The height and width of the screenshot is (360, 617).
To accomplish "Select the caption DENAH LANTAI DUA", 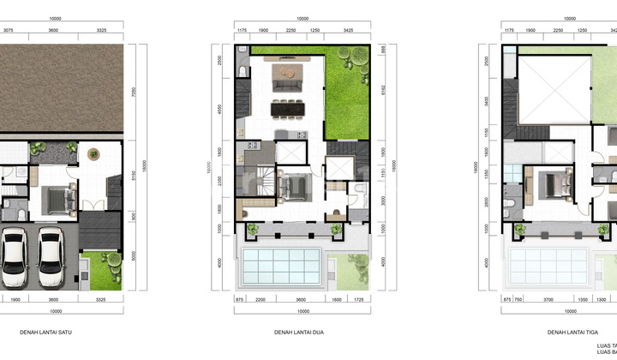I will [300, 333].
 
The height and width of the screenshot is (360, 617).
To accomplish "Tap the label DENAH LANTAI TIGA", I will [571, 333].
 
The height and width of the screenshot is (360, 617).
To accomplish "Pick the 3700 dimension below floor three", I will [546, 301].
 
